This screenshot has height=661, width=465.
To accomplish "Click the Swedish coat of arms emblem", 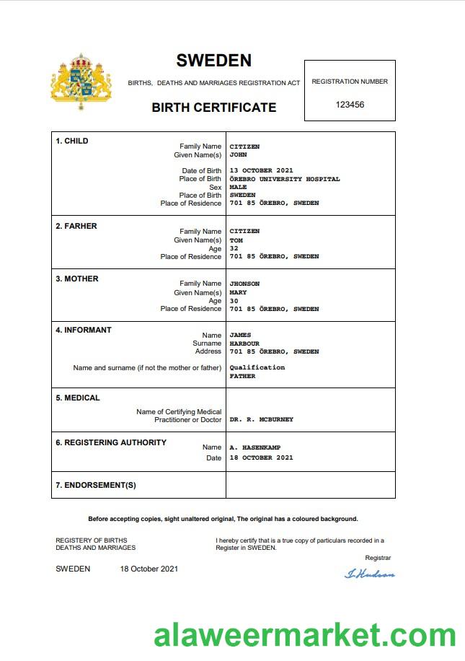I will pos(81,81).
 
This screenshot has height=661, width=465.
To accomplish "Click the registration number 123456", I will pos(350,105).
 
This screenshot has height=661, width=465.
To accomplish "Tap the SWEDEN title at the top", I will pos(213,61).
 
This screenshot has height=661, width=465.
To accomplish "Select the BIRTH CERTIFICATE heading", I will pos(213,108).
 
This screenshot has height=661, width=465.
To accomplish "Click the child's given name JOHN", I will pos(238,155).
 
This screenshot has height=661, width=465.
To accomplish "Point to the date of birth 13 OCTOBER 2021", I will pos(262,171).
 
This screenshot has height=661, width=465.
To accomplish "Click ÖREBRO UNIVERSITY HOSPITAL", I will pos(285,179).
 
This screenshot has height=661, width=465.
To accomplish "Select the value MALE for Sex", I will pos(238,187).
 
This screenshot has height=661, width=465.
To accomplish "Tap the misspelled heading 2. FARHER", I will pos(76,226).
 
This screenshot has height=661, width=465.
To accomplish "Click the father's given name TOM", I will pos(236,240).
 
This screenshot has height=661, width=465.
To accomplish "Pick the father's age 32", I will pos(234,248).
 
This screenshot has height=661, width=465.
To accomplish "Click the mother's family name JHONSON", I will pos(244,284).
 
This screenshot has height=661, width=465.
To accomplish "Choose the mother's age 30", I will pos(234,301).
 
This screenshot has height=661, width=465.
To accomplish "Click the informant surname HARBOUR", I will pos(244,343).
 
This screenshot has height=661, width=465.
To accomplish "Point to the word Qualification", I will pos(257,367).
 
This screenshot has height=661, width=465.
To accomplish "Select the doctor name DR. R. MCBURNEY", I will pos(262,419).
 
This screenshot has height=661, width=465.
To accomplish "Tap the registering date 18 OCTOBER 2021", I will pos(262,458).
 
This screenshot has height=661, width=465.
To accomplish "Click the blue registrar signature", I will pos(370,574).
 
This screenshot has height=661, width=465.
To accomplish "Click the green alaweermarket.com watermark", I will pos(305,636).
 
